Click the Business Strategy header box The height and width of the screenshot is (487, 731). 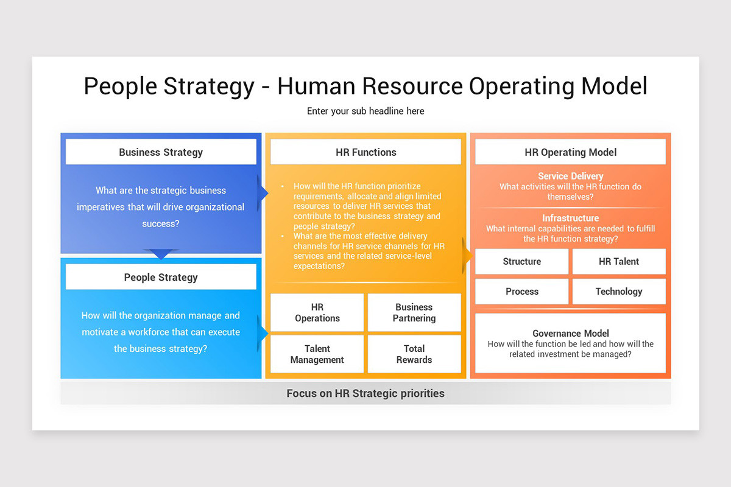pos(161,152)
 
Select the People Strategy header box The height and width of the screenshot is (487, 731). pos(161,277)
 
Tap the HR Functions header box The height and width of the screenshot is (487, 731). pos(365,152)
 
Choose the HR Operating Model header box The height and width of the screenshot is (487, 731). pos(570,152)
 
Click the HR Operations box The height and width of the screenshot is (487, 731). pos(317,313)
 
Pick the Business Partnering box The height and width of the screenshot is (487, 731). pos(414,313)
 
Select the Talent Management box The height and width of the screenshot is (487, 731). pos(317,354)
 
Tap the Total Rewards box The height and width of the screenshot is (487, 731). pos(414,354)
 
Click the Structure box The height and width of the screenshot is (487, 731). pos(521,262)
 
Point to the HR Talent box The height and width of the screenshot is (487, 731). pos(619,262)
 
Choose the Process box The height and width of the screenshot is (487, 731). pos(521,292)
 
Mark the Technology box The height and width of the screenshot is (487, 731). pos(619,292)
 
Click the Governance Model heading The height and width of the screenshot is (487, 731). pos(570,333)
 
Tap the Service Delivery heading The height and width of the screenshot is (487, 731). pos(570,176)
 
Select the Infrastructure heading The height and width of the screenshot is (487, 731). pos(570,218)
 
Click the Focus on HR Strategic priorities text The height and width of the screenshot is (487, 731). pos(365,393)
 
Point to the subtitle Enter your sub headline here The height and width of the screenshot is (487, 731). pos(365,111)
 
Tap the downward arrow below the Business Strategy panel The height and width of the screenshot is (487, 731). pos(161,254)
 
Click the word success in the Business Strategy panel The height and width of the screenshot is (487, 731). pos(161,223)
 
